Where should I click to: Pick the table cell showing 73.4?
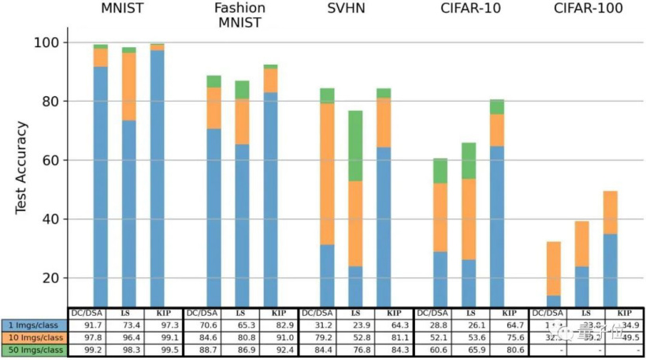(x=129, y=325)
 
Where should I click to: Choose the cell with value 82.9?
(x=270, y=325)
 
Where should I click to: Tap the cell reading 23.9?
(x=356, y=325)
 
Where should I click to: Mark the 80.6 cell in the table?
(x=499, y=350)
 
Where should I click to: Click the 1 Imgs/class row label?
(x=34, y=325)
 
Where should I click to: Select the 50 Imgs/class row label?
(x=34, y=350)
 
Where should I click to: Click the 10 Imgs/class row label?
(x=34, y=337)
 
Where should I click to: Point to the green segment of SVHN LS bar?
(x=356, y=146)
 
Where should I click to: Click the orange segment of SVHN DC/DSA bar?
(x=327, y=173)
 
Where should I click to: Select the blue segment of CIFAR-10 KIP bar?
(x=497, y=225)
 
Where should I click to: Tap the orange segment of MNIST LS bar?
(x=128, y=87)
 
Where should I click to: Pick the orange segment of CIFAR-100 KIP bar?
(x=611, y=213)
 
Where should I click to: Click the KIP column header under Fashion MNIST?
(x=270, y=313)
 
